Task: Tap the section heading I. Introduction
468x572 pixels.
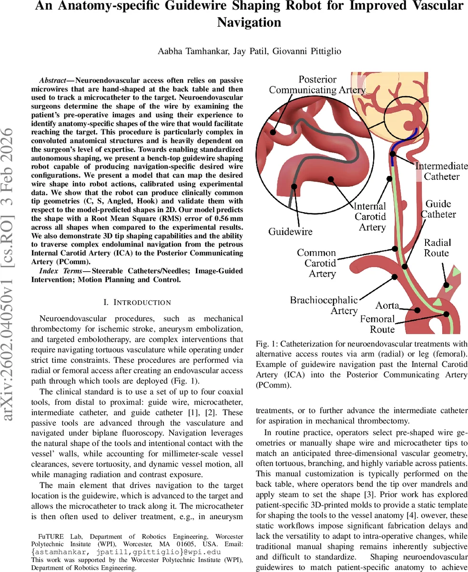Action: (137, 302)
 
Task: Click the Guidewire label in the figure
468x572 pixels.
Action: (290, 232)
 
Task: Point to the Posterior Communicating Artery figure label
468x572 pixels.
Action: (317, 85)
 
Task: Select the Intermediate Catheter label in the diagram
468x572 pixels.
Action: (441, 171)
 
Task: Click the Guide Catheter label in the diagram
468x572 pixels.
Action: (438, 209)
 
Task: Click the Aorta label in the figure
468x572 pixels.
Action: (387, 305)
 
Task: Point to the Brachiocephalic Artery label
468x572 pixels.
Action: (324, 305)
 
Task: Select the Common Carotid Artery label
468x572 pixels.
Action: (316, 263)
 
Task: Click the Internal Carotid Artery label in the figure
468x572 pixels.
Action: (370, 216)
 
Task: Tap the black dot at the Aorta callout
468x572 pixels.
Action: (417, 310)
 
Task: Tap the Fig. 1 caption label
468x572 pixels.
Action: (265, 344)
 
